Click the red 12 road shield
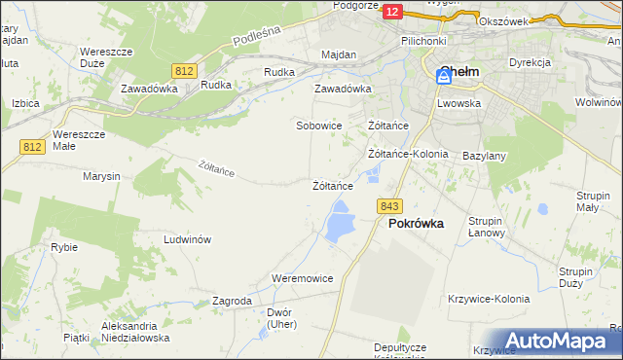pyautogui.click(x=391, y=11)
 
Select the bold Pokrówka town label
pyautogui.click(x=416, y=223)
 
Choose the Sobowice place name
pyautogui.click(x=318, y=126)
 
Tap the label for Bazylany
pyautogui.click(x=483, y=156)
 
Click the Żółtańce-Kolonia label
pyautogui.click(x=408, y=154)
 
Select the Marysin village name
pyautogui.click(x=101, y=176)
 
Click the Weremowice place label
pyautogui.click(x=303, y=278)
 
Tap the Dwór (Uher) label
pyautogui.click(x=279, y=318)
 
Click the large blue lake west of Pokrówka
pyautogui.click(x=340, y=223)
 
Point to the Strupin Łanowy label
pyautogui.click(x=485, y=227)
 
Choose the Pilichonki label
pyautogui.click(x=423, y=42)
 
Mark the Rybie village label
pyautogui.click(x=64, y=247)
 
